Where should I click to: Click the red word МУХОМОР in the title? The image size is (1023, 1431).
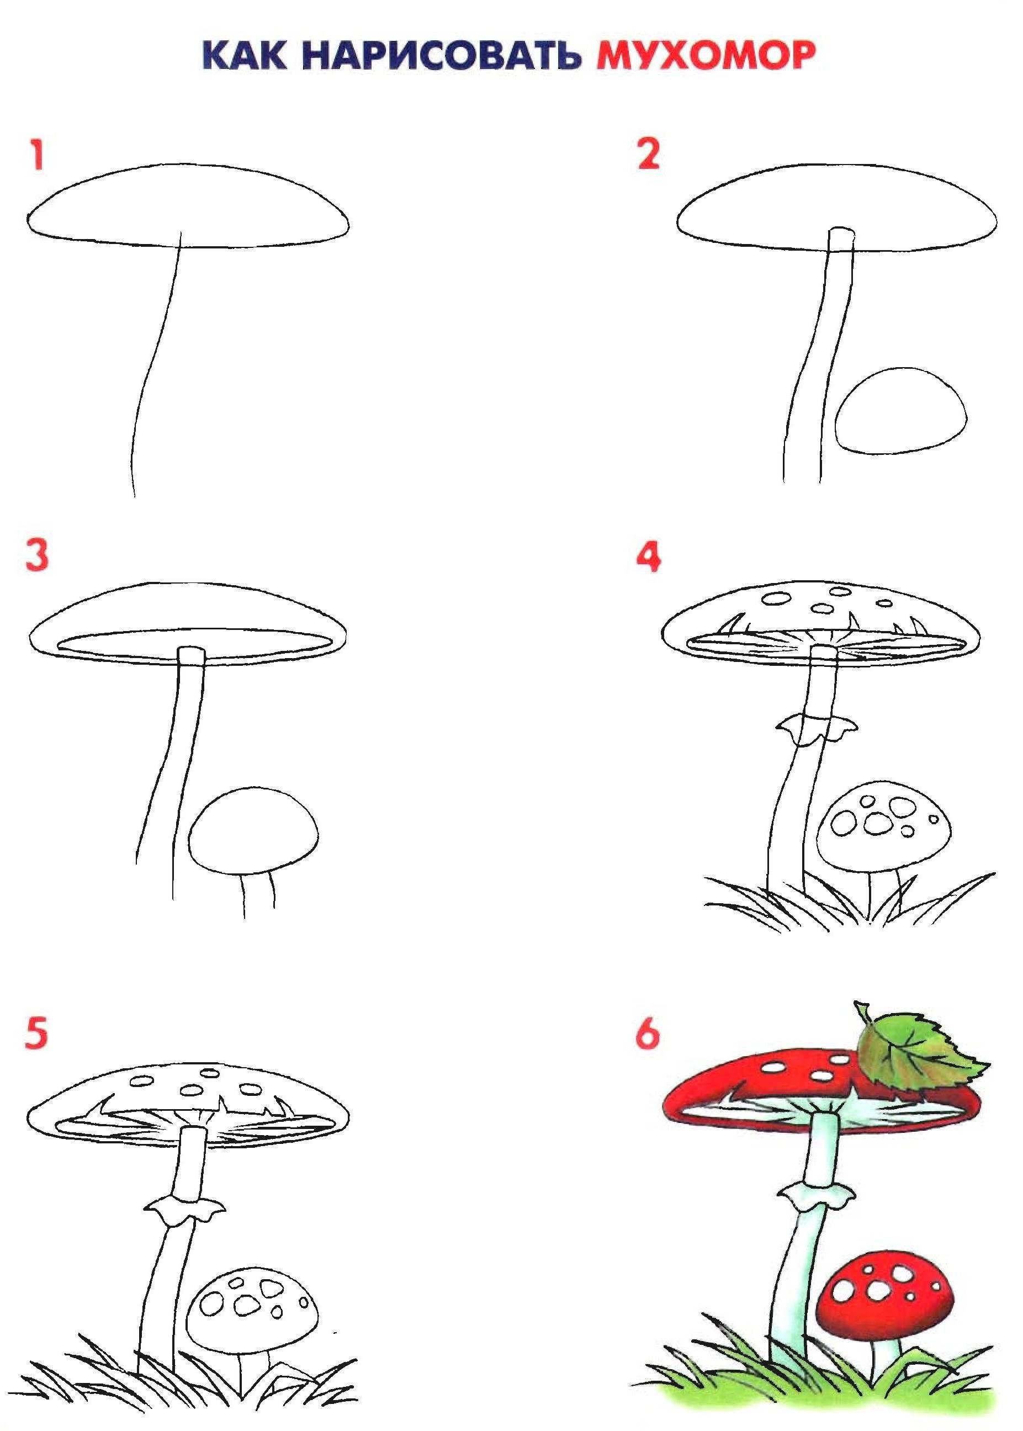click(x=706, y=55)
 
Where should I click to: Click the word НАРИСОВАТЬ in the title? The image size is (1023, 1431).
click(x=441, y=55)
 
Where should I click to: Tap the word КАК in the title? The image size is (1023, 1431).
click(x=245, y=55)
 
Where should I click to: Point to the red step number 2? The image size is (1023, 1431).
click(x=648, y=155)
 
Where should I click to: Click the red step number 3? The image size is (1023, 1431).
click(x=37, y=555)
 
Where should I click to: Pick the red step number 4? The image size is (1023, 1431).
click(x=649, y=557)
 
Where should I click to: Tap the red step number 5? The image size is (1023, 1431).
click(x=36, y=1034)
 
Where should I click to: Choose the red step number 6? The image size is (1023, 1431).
click(x=648, y=1034)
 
